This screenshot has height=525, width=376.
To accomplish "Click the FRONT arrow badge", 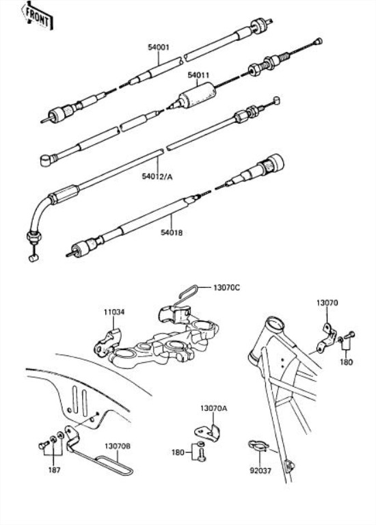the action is tap(36, 16).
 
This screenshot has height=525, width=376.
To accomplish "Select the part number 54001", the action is tap(159, 47).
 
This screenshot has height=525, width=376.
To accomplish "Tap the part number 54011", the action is tap(198, 75).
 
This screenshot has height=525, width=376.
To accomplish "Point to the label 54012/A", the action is tap(157, 176).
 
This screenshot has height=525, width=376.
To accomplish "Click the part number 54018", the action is tap(172, 232).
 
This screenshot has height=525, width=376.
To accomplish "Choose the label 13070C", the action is tap(226, 287).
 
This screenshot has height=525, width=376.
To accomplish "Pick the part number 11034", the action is tap(114, 312).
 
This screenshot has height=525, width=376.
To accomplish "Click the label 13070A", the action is tap(213, 408).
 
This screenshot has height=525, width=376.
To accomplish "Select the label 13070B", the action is tap(118, 446).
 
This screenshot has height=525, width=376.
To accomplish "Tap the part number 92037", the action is tap(260, 471).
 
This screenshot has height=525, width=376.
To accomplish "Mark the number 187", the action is tap(54, 470).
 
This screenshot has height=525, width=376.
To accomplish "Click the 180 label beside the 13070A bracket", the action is tap(178, 453).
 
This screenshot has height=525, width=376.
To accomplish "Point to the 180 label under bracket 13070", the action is tap(346, 362).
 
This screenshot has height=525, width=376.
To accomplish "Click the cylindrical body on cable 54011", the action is tap(196, 96).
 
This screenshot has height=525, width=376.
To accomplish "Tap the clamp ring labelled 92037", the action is tap(258, 445).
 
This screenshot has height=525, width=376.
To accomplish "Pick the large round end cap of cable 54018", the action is tap(276, 163).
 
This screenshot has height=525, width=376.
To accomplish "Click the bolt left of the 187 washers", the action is tap(44, 445).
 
